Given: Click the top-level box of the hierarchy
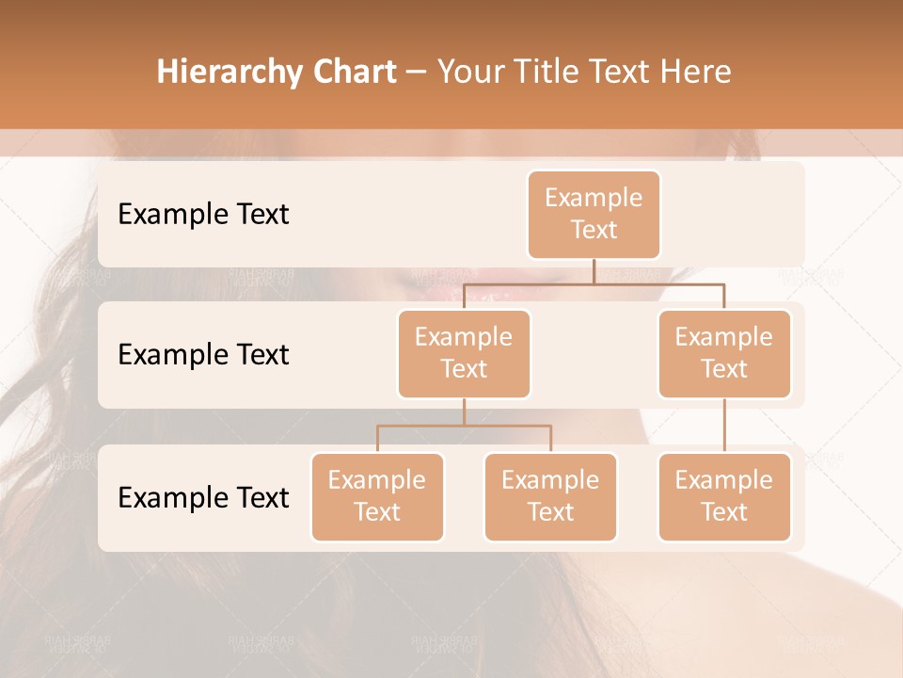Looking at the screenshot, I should [594, 215].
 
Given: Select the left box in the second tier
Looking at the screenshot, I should [464, 353].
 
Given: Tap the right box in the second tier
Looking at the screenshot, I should [724, 353].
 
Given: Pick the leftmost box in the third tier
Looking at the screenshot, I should [377, 497].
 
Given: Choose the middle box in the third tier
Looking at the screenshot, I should [550, 497].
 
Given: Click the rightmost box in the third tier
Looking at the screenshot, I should [724, 497].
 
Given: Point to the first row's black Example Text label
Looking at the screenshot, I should [203, 215].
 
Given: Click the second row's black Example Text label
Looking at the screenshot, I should [203, 355].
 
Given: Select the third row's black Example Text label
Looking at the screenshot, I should [203, 497].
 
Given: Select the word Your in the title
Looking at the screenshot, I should [467, 72].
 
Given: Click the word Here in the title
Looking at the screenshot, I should [697, 72].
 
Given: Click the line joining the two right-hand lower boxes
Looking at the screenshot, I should [724, 426].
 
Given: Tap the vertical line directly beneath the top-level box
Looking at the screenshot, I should [594, 271].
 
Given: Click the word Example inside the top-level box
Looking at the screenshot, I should [594, 198].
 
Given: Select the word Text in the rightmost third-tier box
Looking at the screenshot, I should [724, 512].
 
